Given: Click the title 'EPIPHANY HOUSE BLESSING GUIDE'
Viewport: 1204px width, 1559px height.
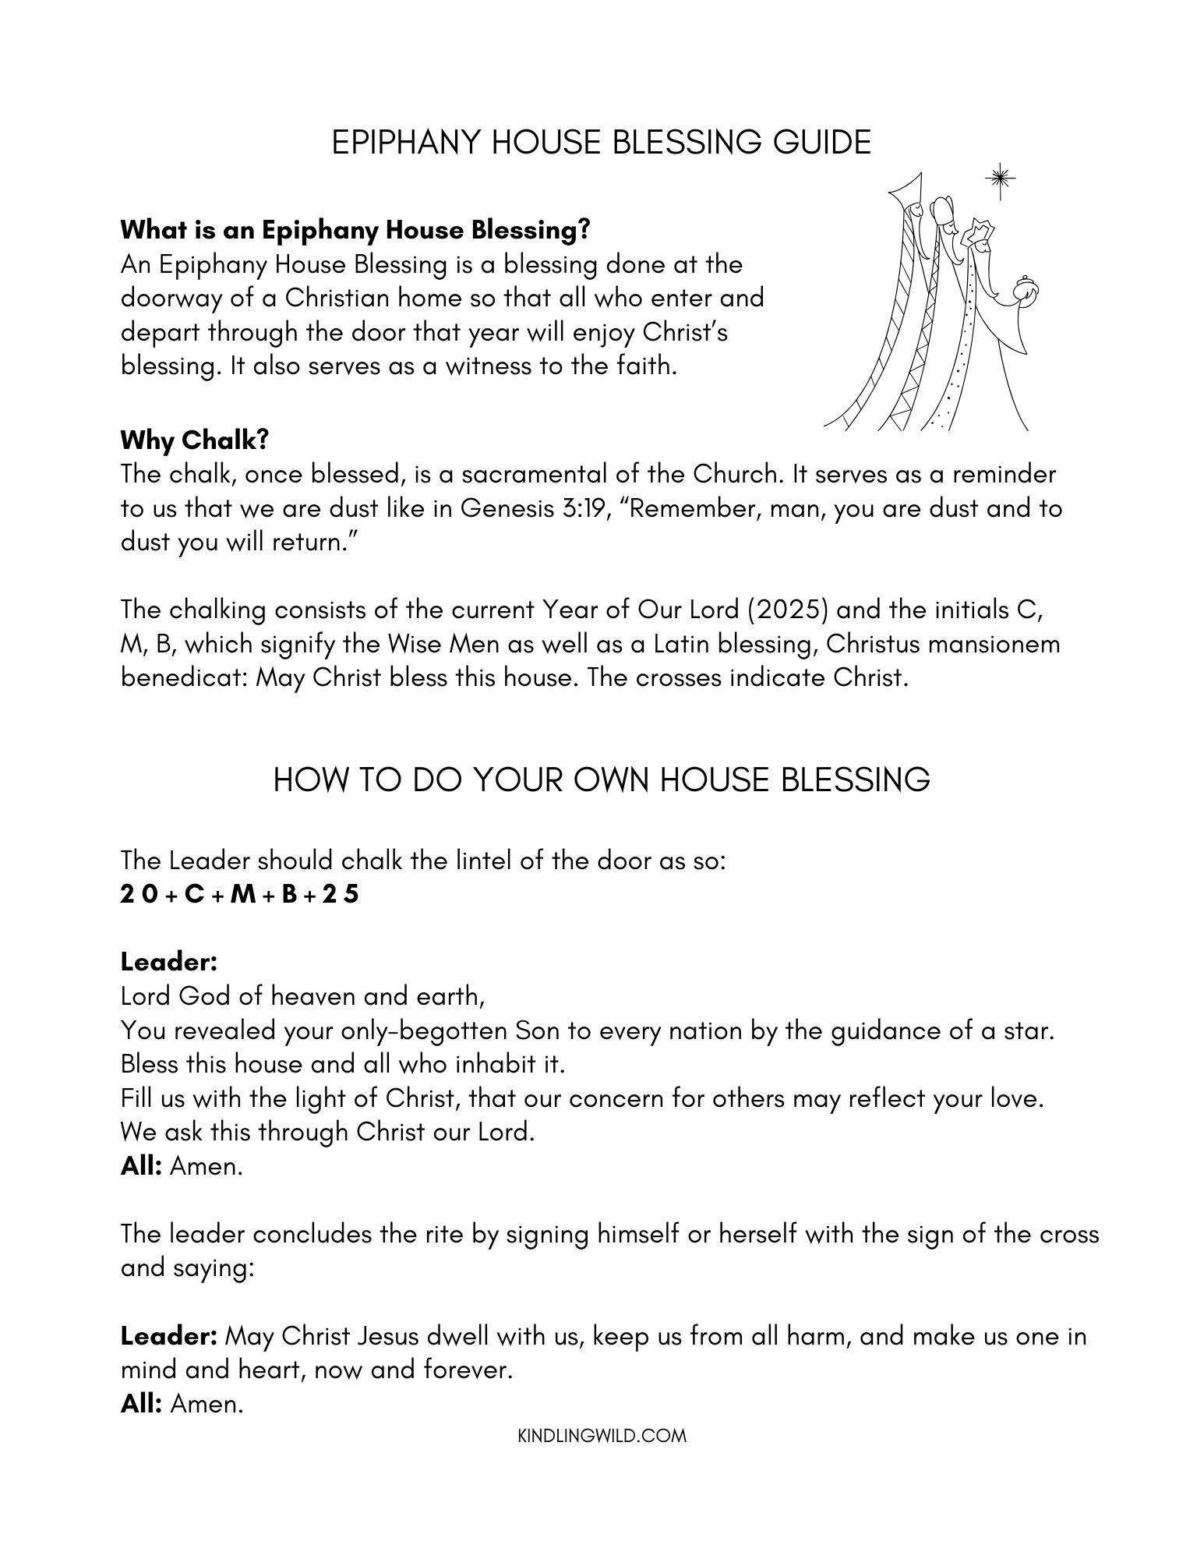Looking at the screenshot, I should point(601,143).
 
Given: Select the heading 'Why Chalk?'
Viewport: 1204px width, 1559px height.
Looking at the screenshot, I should point(194,440).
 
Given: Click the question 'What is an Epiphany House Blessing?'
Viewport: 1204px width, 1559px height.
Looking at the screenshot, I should point(355,230).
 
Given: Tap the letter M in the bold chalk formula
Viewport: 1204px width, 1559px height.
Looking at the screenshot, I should point(243,894).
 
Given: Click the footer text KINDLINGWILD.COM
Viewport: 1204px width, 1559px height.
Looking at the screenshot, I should point(602,1435).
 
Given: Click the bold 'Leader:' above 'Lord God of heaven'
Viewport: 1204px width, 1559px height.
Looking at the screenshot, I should point(168,962).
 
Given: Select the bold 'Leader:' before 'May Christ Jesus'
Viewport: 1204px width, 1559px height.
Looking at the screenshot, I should point(168,1336).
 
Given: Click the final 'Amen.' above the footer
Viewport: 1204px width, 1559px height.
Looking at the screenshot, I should point(207,1404).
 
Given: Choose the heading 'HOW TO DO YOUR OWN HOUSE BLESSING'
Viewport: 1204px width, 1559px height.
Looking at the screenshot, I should point(601,779).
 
